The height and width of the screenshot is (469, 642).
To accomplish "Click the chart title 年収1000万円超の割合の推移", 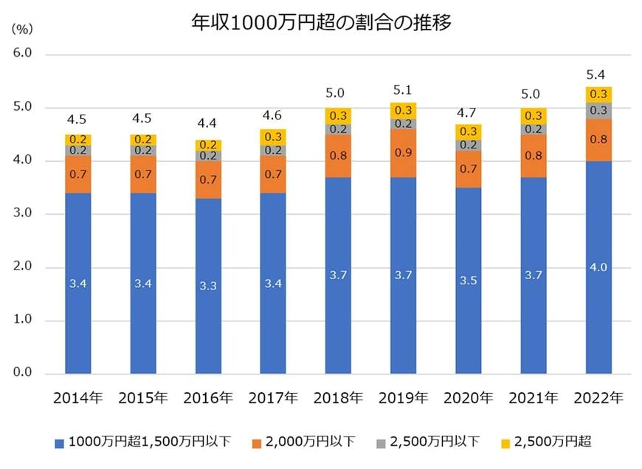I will tap(320, 22).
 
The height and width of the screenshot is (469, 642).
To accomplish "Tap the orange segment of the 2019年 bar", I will tap(403, 152).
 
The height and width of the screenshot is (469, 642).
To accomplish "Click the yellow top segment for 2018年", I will tap(338, 116).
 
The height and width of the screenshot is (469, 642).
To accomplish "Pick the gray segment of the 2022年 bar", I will tap(598, 111).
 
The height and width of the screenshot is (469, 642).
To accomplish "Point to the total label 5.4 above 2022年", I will tap(598, 75).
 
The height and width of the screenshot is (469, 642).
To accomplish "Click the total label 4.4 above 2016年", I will tap(207, 124).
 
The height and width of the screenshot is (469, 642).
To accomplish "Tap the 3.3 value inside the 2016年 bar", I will tap(207, 285).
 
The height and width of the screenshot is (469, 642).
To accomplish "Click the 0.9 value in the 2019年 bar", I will tap(403, 152).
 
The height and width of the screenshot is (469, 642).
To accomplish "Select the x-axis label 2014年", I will tap(77, 397).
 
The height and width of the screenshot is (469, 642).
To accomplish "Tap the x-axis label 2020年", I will tap(468, 397).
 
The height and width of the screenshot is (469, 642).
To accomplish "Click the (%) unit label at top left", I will tap(23, 29).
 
